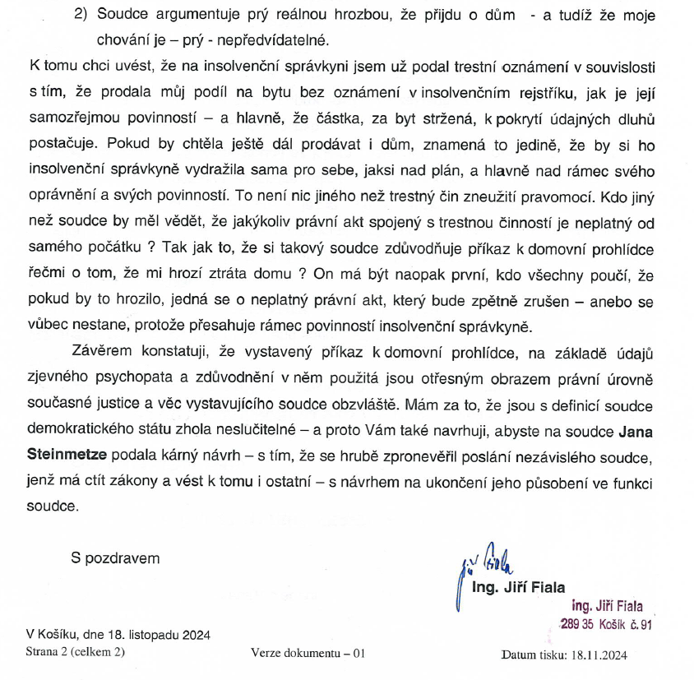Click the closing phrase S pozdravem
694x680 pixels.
[115, 558]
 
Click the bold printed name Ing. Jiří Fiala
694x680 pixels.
[518, 587]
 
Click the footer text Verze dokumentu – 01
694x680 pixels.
[308, 655]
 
